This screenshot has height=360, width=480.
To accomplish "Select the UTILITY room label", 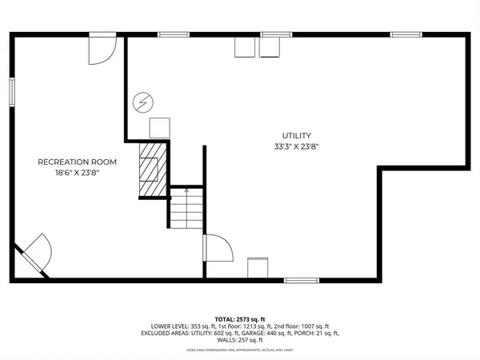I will click(296, 136).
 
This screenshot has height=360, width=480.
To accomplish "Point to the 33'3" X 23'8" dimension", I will click(296, 146).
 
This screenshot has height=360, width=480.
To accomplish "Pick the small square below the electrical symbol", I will click(160, 127).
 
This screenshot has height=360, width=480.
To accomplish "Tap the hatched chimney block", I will click(152, 169).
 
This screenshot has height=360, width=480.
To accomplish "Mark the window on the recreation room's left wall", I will click(12, 90).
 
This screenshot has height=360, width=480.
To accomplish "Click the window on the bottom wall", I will click(300, 280).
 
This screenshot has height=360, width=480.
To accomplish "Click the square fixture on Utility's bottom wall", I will click(258, 268).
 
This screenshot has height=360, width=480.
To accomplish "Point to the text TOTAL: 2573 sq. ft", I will click(240, 319).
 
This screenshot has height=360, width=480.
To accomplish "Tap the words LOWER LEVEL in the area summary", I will click(167, 326).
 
